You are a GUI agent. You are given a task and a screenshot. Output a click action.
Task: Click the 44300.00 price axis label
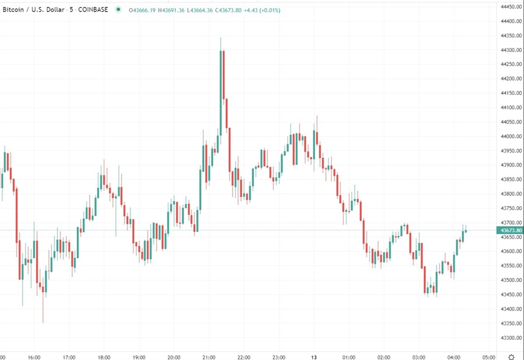click(510, 50)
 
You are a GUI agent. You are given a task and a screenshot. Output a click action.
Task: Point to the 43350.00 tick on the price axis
click(510, 323)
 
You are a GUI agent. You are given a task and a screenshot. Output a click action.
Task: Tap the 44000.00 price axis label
click(510, 136)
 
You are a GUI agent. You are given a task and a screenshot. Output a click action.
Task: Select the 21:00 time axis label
click(209, 357)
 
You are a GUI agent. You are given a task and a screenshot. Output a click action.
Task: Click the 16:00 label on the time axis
click(34, 357)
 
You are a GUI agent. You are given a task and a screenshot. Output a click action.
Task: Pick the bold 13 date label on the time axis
click(314, 357)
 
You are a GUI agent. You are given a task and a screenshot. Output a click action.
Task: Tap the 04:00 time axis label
click(454, 357)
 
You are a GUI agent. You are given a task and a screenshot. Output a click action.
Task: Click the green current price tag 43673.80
click(510, 231)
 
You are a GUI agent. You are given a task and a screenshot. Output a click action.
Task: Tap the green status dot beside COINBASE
click(119, 10)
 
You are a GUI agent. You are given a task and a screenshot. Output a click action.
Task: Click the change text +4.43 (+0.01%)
click(261, 10)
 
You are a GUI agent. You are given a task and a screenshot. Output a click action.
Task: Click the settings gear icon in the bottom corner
click(511, 357)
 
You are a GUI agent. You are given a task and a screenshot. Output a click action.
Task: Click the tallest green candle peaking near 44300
click(221, 93)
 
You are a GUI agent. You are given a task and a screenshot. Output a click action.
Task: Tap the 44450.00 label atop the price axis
click(510, 7)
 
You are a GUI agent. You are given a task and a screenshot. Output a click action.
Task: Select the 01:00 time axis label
click(349, 357)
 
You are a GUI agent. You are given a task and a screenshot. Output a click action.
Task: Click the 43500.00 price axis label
click(510, 280)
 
